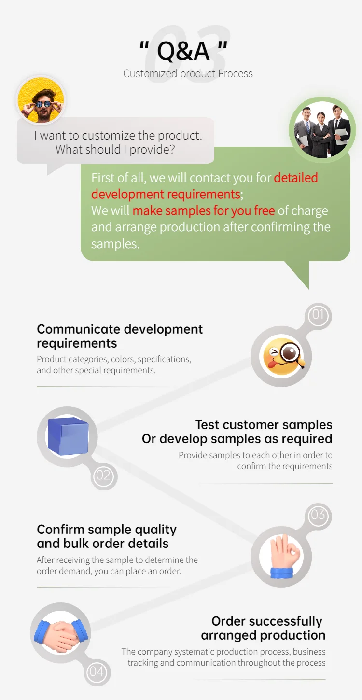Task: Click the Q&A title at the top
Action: point(183,51)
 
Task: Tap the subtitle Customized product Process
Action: point(188,74)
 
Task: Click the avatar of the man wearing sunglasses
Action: point(41,101)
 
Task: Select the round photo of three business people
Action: point(322,129)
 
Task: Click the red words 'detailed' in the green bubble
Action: point(296,178)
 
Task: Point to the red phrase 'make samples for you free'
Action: point(204,210)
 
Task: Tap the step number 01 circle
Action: point(318,316)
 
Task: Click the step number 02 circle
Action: point(104,476)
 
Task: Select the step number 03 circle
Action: point(318,515)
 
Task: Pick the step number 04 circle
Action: point(97,672)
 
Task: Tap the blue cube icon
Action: point(68,436)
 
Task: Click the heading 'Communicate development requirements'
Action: point(120,336)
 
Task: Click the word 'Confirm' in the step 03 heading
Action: point(61,530)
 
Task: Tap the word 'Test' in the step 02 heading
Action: point(208,425)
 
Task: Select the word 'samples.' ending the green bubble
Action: point(115,244)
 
